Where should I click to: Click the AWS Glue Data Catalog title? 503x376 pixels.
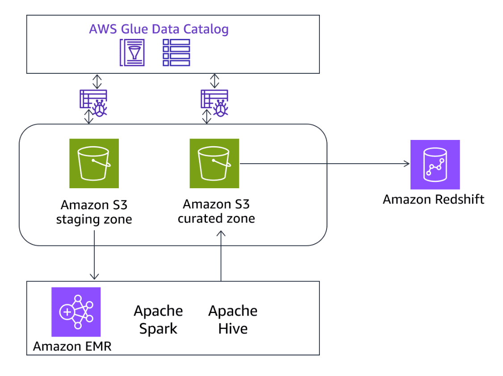click(x=159, y=30)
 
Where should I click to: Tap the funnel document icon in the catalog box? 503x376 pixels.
click(x=132, y=53)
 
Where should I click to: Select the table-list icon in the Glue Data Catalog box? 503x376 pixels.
click(x=176, y=53)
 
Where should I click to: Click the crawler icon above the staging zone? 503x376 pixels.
click(x=93, y=102)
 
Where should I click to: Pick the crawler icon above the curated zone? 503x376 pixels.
click(x=214, y=102)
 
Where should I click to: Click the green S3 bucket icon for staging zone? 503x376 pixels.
click(x=94, y=163)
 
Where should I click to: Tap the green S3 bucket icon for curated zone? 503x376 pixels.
click(x=214, y=163)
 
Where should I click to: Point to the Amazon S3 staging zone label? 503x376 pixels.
click(x=94, y=212)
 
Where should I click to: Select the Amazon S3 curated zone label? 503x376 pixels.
click(x=216, y=211)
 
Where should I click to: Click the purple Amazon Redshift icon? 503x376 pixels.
click(x=435, y=165)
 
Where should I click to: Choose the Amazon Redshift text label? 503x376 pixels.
click(x=433, y=199)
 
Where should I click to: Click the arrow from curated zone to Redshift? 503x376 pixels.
click(x=325, y=164)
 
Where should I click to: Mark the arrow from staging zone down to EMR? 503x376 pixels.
click(x=94, y=262)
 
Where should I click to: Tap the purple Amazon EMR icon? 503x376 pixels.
click(x=76, y=312)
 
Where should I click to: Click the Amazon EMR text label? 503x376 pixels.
click(x=72, y=346)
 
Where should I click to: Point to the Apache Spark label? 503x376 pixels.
click(x=158, y=320)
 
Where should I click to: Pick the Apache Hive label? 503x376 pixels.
click(x=233, y=320)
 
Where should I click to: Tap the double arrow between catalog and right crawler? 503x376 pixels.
click(x=215, y=81)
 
